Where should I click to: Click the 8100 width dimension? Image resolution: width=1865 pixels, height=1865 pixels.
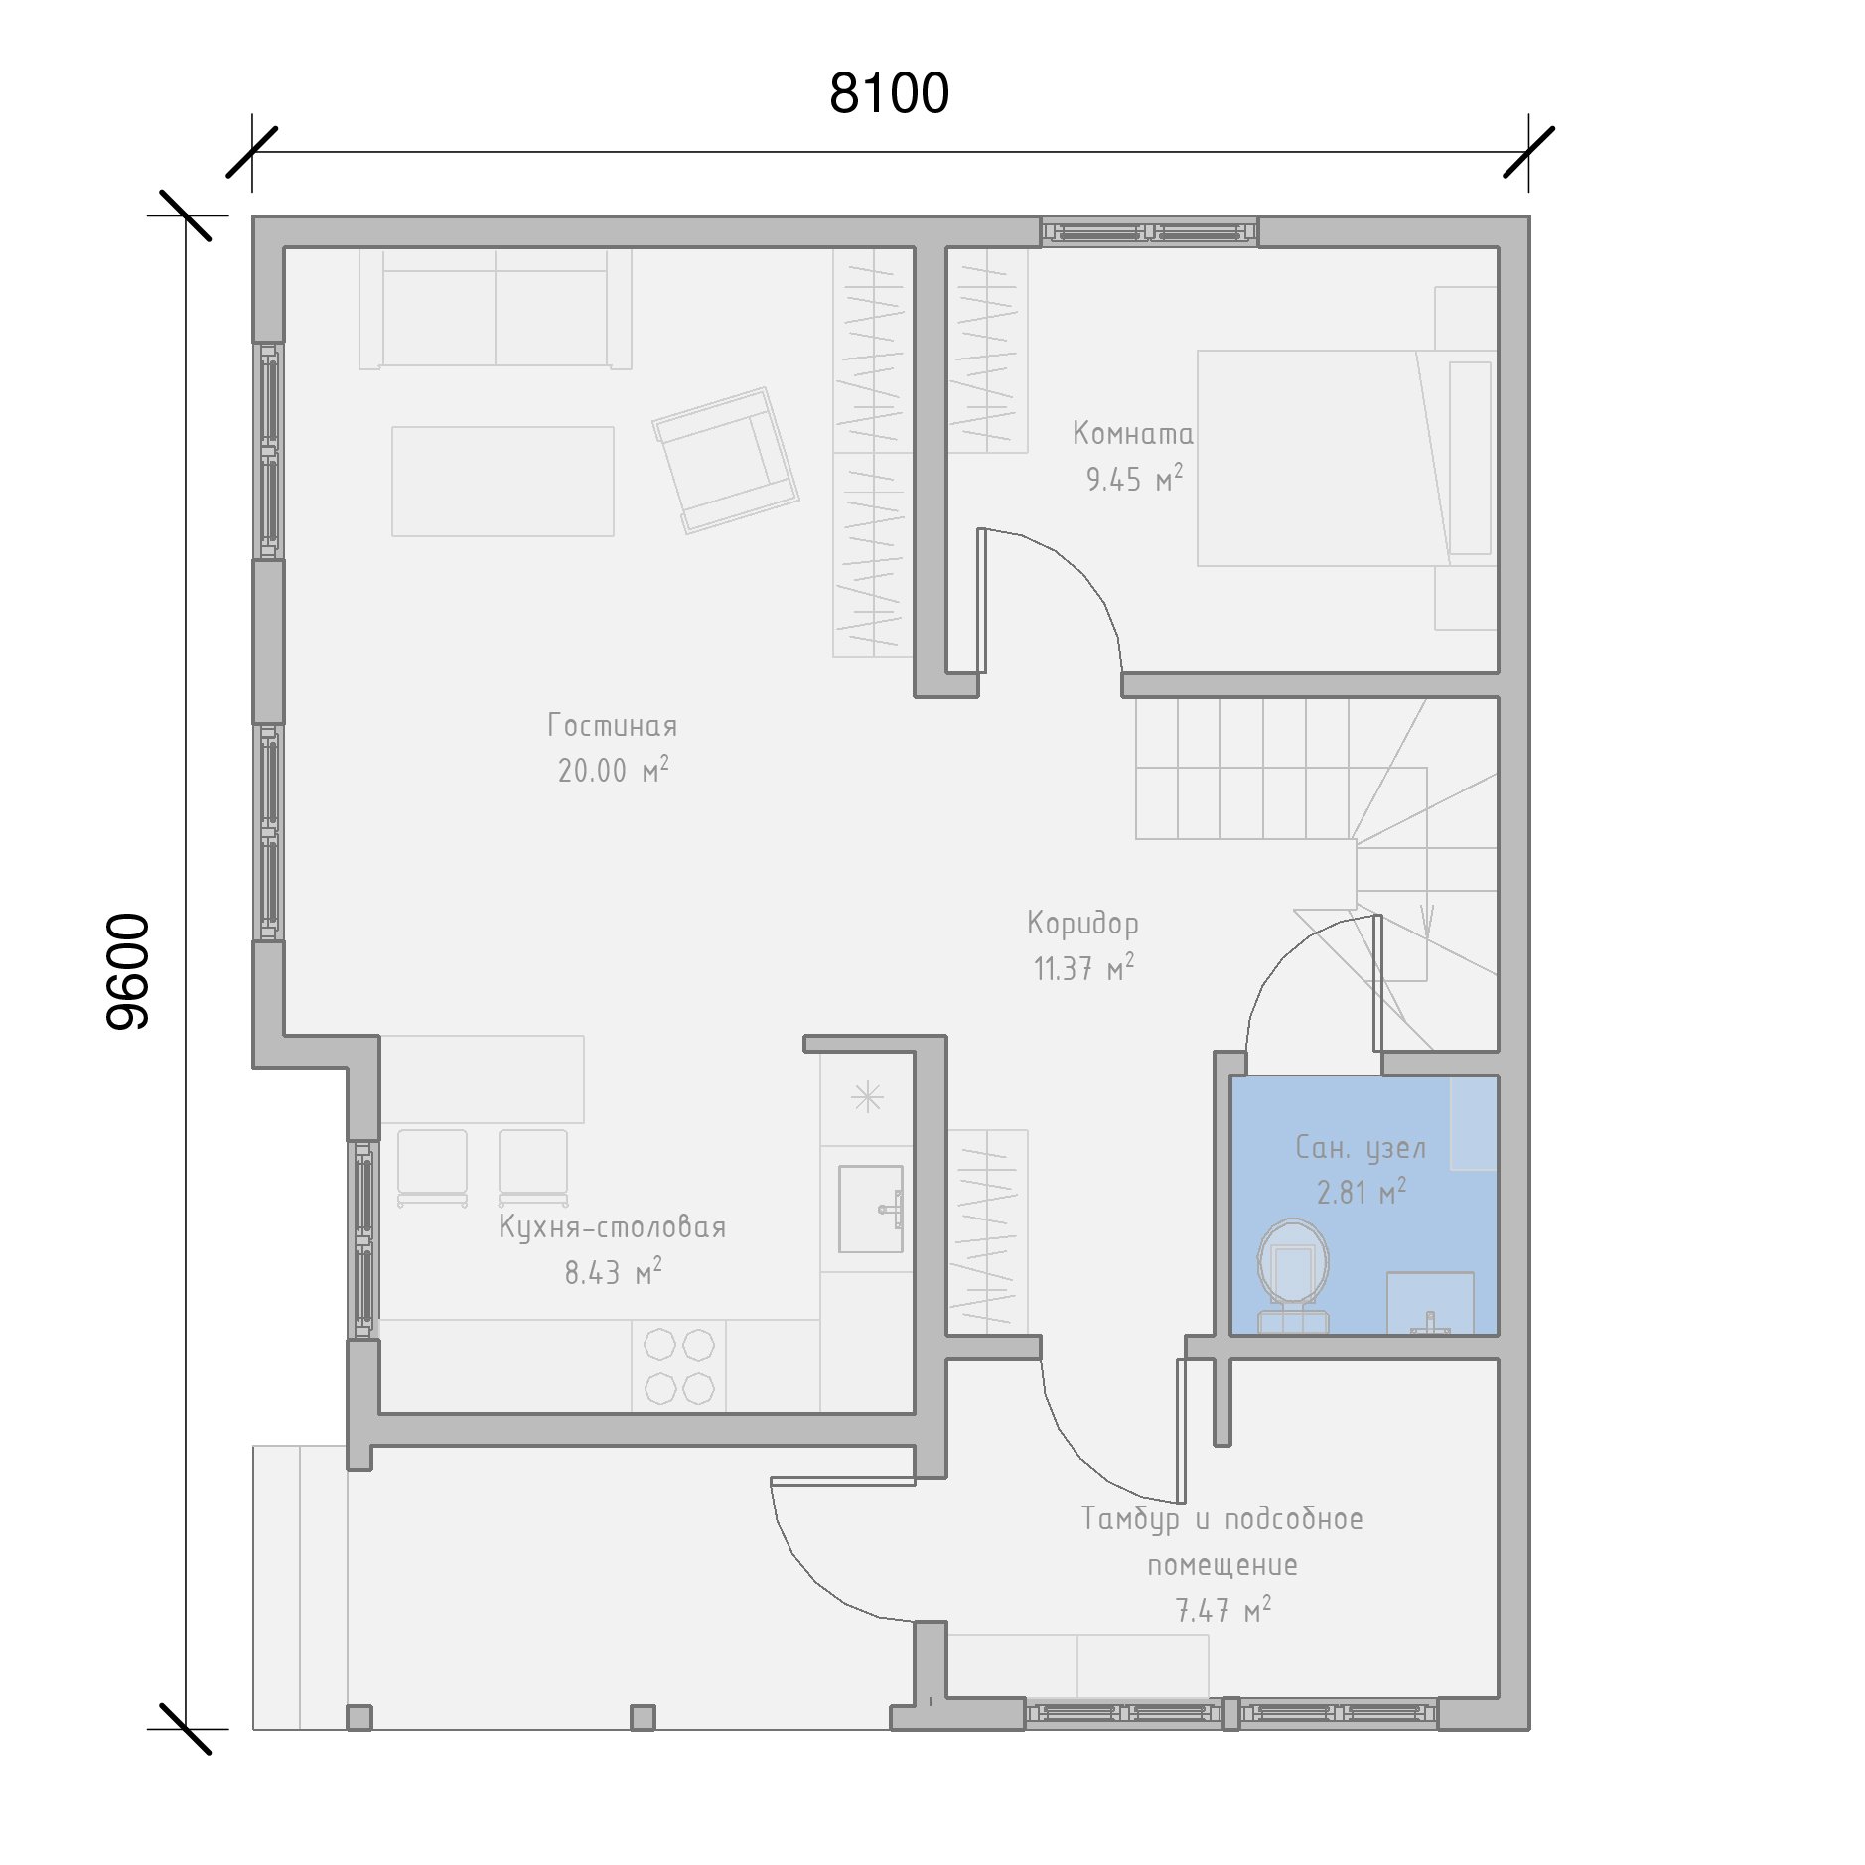click(x=889, y=93)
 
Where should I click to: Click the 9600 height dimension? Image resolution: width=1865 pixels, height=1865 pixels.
click(x=128, y=971)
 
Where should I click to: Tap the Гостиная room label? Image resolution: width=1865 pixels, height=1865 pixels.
click(x=613, y=725)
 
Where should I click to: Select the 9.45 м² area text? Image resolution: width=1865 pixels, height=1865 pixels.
click(x=1134, y=479)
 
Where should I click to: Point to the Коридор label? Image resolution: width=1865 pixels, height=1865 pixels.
click(x=1082, y=923)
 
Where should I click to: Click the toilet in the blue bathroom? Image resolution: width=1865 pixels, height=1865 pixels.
click(x=1293, y=1275)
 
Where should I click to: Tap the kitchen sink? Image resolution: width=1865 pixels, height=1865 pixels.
click(x=871, y=1209)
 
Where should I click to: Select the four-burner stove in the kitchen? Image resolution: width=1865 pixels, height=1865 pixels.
click(x=679, y=1366)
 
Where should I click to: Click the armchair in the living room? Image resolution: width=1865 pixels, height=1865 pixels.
click(x=726, y=460)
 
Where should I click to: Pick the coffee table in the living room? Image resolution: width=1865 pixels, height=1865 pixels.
click(x=502, y=482)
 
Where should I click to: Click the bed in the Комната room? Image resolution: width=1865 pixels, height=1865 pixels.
click(x=1347, y=458)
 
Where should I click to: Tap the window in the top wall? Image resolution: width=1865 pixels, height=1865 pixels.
click(x=1149, y=233)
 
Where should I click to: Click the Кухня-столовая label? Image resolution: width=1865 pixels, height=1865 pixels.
click(x=613, y=1228)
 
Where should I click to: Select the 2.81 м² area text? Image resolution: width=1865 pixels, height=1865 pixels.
click(x=1362, y=1192)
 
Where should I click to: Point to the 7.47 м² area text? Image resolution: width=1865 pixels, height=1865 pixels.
click(x=1223, y=1610)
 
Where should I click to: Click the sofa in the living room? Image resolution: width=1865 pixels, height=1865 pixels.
click(x=496, y=309)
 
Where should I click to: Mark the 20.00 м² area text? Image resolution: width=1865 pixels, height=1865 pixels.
click(x=614, y=770)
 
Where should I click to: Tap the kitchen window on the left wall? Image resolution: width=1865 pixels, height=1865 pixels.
click(x=363, y=1239)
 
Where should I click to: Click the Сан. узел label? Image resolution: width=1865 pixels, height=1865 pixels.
click(x=1362, y=1148)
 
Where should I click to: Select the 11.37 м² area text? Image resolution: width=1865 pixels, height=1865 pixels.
click(x=1083, y=968)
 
